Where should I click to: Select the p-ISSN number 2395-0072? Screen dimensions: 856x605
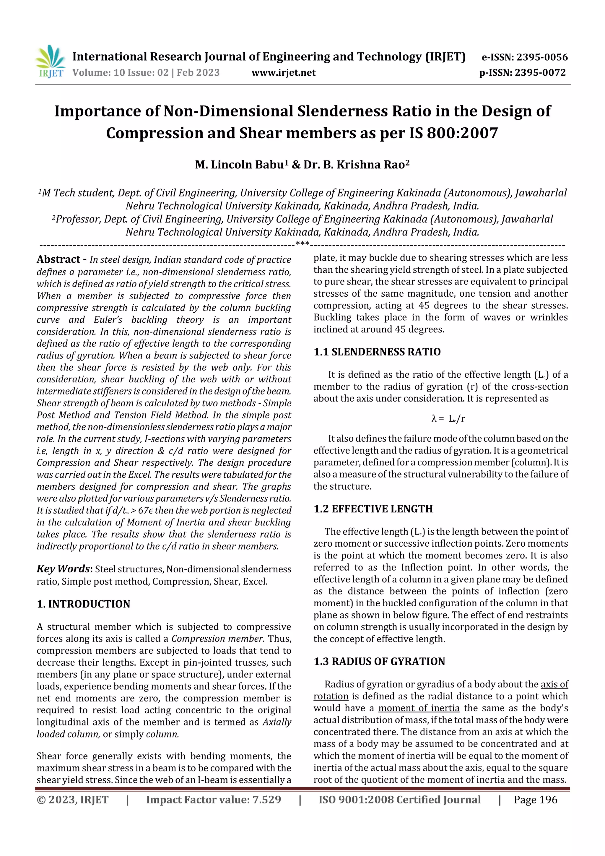540,73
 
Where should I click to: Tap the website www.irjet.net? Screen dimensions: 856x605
283,73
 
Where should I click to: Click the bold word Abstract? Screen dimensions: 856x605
58,259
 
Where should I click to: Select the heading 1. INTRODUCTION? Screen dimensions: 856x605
84,604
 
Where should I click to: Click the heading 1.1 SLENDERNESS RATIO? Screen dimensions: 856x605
377,352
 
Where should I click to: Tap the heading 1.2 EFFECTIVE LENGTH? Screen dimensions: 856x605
373,509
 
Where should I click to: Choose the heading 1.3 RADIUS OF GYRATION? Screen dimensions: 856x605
379,661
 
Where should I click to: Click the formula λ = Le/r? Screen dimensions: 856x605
448,418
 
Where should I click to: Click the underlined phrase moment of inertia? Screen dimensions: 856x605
419,708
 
